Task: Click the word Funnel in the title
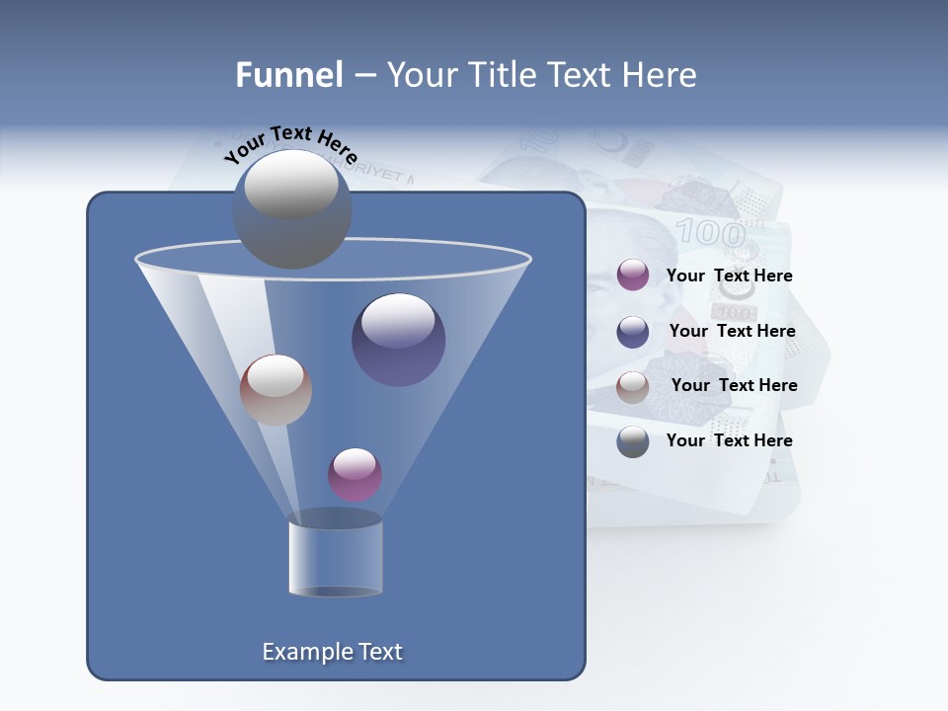coord(288,75)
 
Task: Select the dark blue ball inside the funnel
coord(398,340)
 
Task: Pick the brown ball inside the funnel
coord(276,390)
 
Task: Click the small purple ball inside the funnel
coord(355,474)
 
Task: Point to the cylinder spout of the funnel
coord(335,557)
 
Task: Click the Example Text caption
coord(332,652)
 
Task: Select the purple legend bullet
coord(633,276)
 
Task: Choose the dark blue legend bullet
coord(633,332)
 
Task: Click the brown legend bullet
coord(633,387)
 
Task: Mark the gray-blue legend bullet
coord(633,441)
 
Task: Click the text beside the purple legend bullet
coord(729,276)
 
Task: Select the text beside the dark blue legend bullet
coord(732,332)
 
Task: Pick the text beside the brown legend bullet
coord(734,386)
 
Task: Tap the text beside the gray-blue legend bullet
coord(729,440)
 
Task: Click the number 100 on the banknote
coord(710,234)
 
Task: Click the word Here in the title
coord(661,75)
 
